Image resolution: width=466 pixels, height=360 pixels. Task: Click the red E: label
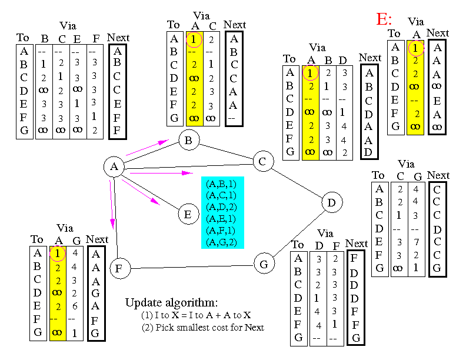point(384,19)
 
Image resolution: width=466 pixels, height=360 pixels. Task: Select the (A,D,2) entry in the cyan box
point(221,207)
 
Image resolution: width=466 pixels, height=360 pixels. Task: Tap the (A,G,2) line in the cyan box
point(221,242)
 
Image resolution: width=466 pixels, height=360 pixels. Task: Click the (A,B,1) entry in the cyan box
point(221,184)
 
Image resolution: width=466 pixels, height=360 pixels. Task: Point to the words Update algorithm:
point(171,303)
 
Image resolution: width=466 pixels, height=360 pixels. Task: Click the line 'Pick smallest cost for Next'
point(203,327)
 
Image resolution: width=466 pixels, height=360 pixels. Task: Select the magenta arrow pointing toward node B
point(148,147)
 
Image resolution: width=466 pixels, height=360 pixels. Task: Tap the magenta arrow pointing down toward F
point(111,205)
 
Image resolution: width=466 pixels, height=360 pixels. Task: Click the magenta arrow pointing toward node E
point(141,192)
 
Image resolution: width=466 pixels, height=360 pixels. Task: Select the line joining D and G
point(299,234)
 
